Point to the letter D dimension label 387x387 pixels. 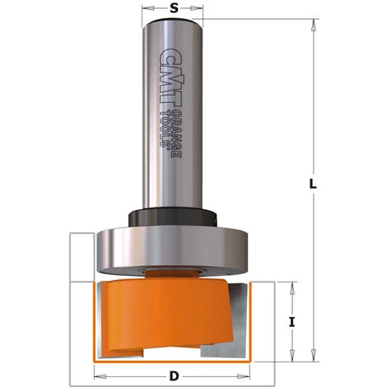tap(174, 376)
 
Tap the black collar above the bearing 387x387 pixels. tap(173, 220)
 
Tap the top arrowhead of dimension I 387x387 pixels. tap(292, 286)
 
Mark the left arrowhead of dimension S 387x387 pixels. tap(147, 17)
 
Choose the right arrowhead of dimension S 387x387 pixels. tap(200, 17)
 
